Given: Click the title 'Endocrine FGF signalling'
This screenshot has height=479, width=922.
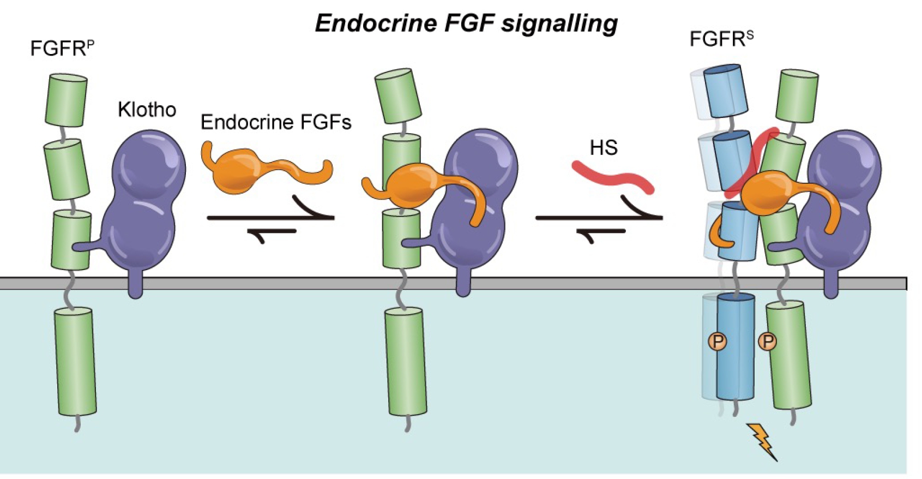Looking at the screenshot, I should [x=466, y=23].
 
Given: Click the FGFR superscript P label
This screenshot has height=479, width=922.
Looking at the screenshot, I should [x=62, y=48].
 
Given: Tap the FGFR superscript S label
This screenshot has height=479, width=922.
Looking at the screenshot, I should [x=721, y=39].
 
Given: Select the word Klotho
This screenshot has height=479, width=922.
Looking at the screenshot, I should [x=147, y=110].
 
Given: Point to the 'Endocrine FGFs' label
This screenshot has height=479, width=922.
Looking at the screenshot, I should [x=275, y=122].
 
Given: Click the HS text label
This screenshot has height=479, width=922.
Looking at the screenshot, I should [x=603, y=148].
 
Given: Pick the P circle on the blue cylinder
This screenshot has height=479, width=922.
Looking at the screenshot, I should [x=718, y=342].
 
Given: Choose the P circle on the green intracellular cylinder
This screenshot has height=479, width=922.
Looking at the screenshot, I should [x=768, y=342].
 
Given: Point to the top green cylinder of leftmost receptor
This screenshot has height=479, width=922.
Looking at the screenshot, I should [x=66, y=100].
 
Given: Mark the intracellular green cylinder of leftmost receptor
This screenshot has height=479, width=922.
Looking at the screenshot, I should [x=75, y=361].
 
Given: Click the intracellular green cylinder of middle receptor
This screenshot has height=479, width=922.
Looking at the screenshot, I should [x=406, y=361].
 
